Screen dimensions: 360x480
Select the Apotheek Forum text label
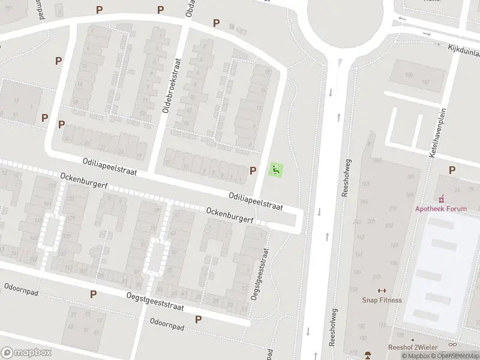[448, 209]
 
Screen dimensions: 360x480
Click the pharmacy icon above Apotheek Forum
[442, 199]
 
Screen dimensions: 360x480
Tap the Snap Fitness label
[382, 300]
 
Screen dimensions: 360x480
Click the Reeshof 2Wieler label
[413, 347]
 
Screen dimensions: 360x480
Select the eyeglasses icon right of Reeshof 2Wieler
[452, 345]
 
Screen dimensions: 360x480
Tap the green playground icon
[276, 170]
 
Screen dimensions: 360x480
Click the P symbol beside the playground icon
[253, 171]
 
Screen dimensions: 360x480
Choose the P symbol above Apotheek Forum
[452, 170]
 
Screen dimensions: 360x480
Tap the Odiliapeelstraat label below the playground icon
[255, 201]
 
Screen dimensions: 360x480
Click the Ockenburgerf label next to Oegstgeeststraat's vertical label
[229, 215]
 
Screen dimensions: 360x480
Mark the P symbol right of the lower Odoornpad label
[198, 319]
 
